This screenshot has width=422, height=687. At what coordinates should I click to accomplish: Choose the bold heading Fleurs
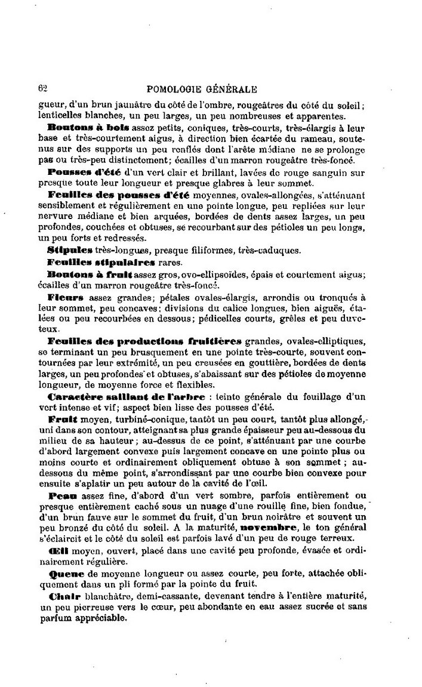pos(66,297)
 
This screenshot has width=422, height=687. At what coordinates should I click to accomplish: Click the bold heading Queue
pos(62,572)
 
